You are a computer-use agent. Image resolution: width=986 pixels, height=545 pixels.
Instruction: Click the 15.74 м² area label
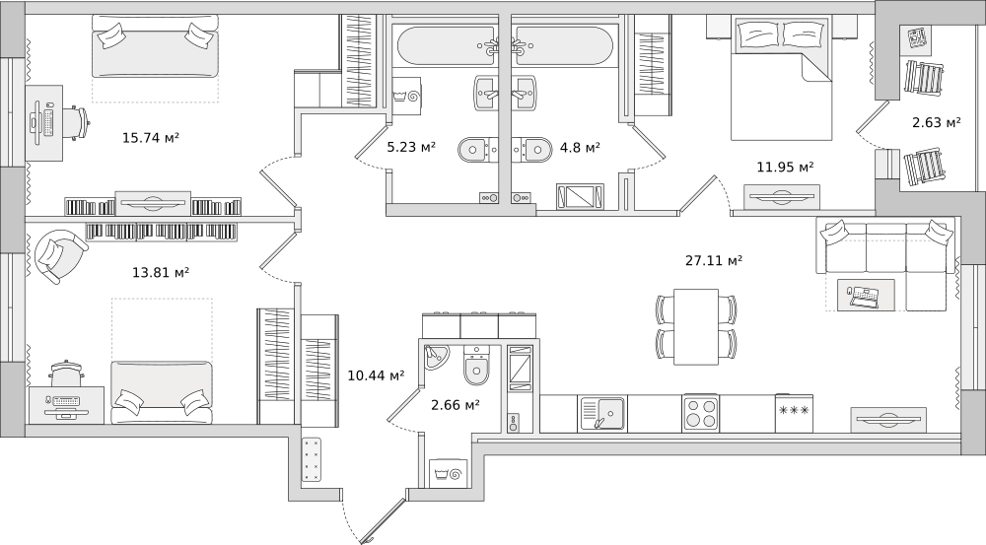tap(151, 137)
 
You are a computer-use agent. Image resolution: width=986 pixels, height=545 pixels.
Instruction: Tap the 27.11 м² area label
tap(714, 259)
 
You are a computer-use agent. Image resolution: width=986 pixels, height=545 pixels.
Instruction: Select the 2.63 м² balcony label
tap(937, 122)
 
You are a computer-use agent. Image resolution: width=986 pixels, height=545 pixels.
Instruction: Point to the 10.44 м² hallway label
tap(376, 375)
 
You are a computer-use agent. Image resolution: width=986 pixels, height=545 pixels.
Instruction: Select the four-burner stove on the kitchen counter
tap(700, 413)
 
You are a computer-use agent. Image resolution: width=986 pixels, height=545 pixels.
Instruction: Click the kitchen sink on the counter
tap(601, 414)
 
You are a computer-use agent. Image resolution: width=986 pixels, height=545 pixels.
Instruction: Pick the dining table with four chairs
tap(695, 326)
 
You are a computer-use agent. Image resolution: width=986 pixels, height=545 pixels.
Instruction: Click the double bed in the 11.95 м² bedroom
tap(780, 78)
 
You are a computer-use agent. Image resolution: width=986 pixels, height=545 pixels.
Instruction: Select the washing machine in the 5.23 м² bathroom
tap(406, 96)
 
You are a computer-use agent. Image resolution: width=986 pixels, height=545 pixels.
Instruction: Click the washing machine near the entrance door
tap(447, 473)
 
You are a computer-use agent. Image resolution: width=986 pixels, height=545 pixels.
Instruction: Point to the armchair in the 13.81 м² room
tap(60, 256)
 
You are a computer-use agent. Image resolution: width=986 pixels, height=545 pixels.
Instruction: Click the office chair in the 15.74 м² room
tap(76, 123)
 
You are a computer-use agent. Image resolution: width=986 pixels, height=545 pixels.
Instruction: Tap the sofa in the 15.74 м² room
tap(156, 46)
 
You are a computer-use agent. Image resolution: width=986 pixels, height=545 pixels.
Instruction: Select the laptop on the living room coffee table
tap(862, 296)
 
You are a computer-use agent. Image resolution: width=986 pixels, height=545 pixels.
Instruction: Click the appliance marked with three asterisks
tap(794, 413)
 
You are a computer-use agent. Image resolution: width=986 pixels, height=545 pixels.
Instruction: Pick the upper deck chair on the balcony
tap(925, 77)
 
